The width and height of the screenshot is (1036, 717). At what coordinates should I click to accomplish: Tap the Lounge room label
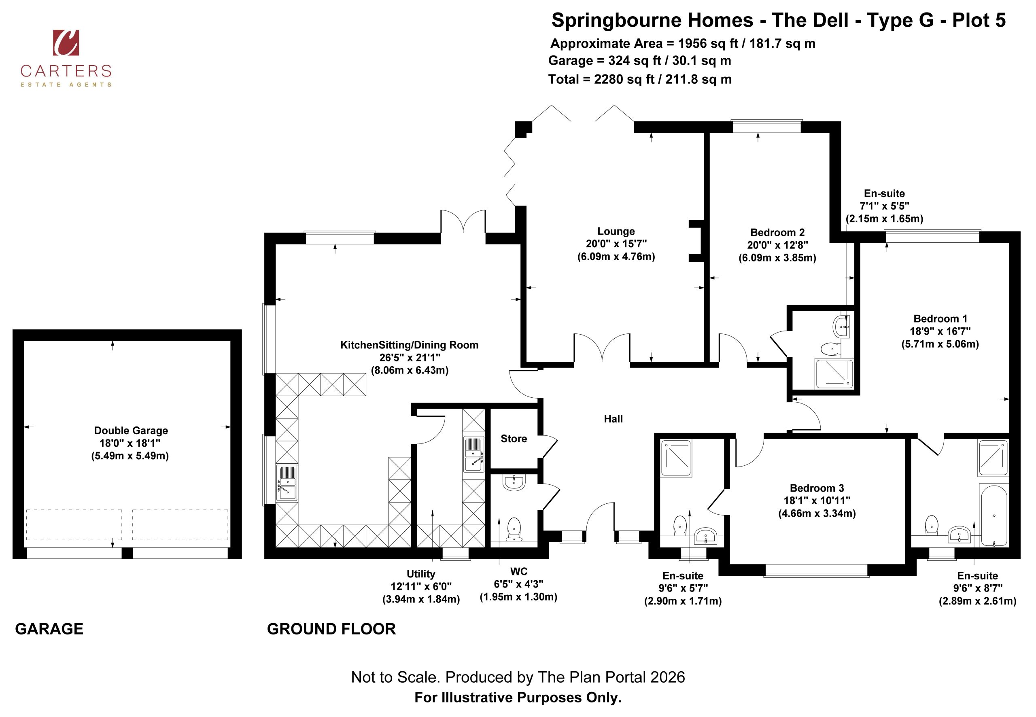pos(616,231)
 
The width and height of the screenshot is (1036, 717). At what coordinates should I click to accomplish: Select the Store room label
pos(514,439)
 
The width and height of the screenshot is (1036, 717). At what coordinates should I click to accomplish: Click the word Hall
pos(613,419)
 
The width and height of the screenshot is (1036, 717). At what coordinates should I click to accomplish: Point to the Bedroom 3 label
pos(817,488)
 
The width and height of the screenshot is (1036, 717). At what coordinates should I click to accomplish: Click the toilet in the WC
pos(514,529)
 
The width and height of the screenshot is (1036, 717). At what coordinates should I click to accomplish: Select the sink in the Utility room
pos(473,454)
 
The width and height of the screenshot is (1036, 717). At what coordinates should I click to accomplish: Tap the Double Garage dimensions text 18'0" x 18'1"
pos(130,443)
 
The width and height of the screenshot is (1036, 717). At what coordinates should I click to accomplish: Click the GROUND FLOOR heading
pos(331,629)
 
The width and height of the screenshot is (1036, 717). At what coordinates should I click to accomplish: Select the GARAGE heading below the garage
pos(49,629)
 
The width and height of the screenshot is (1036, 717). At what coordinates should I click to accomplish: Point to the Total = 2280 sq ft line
pos(640,80)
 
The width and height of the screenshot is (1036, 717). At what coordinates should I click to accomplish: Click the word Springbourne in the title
pos(614,21)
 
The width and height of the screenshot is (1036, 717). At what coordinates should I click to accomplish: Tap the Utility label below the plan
pos(421,574)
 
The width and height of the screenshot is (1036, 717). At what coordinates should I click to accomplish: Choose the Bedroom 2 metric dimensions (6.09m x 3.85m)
pos(777,258)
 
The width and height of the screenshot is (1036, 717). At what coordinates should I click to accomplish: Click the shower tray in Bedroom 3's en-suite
pos(676,458)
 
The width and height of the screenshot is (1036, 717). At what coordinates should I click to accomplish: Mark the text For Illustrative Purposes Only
pos(518,698)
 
